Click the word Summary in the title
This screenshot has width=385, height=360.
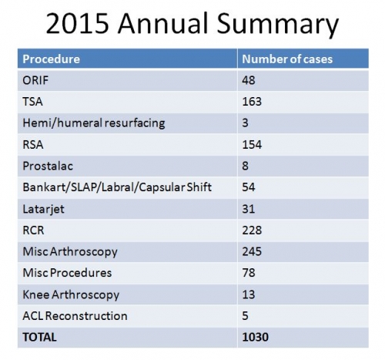278,24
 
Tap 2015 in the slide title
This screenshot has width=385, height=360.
78,23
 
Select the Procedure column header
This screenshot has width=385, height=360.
52,59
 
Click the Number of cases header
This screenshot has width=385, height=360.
287,59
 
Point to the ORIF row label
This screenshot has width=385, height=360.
35,80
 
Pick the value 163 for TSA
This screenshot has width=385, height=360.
252,102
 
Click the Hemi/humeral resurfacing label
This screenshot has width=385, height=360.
94,123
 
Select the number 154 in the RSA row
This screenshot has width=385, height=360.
252,144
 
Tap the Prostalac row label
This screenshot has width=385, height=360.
48,166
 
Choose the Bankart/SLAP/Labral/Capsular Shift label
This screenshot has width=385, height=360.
117,187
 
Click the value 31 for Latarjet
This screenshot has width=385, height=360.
249,209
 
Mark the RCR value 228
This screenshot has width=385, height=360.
252,230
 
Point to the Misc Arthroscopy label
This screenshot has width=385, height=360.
70,252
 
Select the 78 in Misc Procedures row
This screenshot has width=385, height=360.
249,273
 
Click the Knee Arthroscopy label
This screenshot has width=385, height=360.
71,294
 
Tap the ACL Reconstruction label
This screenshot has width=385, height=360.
75,315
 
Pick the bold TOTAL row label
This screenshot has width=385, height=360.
39,337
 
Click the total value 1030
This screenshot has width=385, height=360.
255,337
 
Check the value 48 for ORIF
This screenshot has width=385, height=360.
249,80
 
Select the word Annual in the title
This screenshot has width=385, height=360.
163,23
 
